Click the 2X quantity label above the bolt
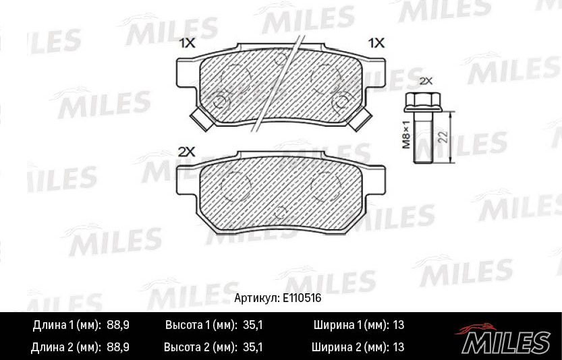[425, 80]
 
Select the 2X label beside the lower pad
[186, 152]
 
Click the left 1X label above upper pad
[186, 43]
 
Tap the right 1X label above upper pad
[376, 43]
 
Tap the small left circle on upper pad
[219, 100]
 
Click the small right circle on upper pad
[341, 101]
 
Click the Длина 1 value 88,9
[118, 326]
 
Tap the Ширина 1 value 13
[397, 326]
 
